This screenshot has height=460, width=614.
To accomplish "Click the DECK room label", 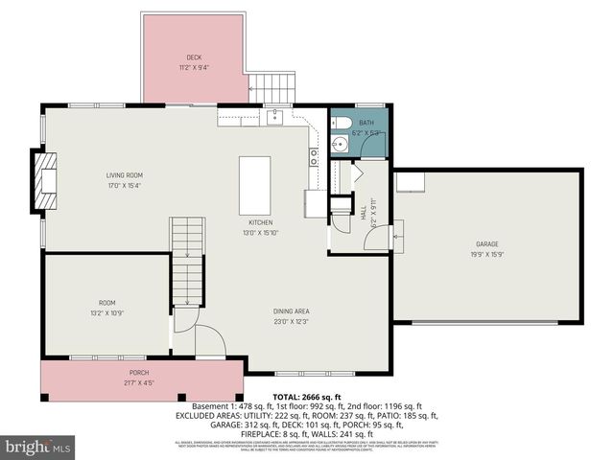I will [194, 58].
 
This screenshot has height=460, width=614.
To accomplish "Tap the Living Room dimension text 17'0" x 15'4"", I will [125, 185].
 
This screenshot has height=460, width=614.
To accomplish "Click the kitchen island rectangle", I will [253, 186].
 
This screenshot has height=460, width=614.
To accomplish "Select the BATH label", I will [366, 124].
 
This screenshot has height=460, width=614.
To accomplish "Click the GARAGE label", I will [487, 245].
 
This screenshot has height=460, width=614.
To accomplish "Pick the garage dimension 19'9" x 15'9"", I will [487, 255].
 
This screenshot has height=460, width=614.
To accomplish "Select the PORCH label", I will [139, 372].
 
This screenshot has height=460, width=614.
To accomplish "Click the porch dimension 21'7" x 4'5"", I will [139, 380].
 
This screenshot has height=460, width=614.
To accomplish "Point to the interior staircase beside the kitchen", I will [187, 259].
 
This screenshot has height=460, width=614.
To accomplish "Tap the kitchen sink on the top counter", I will [274, 117].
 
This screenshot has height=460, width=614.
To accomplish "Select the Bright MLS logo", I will [38, 447].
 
